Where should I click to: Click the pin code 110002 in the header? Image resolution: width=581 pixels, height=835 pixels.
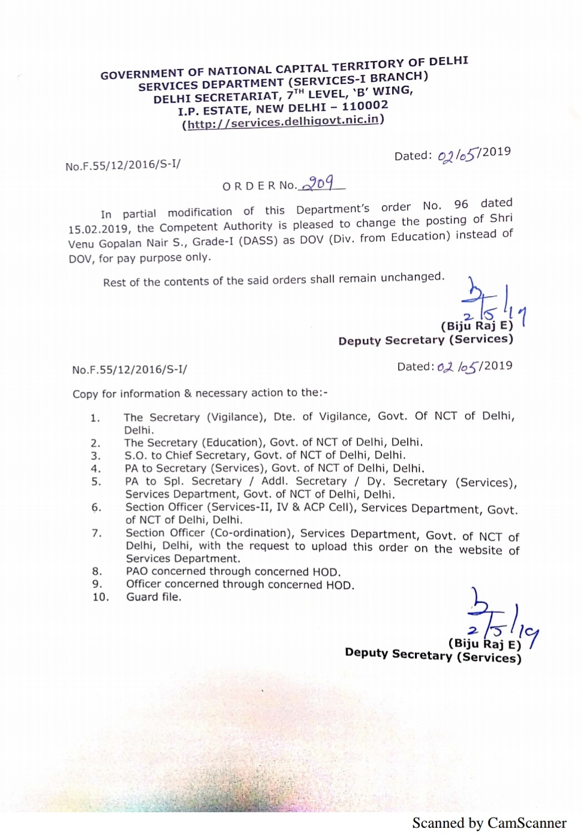(x=365, y=106)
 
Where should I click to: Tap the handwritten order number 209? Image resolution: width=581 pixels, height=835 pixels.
(x=320, y=183)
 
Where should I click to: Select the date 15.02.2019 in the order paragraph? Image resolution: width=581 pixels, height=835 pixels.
(x=98, y=229)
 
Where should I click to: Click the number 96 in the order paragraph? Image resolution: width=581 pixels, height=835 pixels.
(x=461, y=204)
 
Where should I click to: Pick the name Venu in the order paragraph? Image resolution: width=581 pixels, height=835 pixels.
(x=81, y=244)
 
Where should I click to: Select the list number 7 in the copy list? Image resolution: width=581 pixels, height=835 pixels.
(x=96, y=533)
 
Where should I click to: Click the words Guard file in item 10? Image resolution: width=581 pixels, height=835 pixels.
(x=153, y=597)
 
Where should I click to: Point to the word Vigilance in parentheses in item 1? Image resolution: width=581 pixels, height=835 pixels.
(x=236, y=417)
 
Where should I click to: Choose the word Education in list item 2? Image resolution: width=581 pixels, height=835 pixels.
(x=233, y=442)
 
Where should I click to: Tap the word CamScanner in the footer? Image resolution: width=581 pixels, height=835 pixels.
(x=527, y=823)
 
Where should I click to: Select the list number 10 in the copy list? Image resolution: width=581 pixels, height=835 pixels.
(x=100, y=597)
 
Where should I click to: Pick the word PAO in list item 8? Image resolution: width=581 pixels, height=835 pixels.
(x=137, y=571)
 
